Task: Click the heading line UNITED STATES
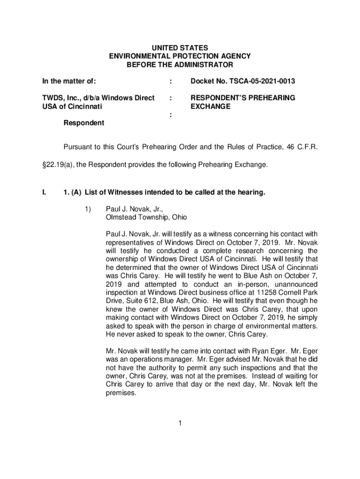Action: pos(180,48)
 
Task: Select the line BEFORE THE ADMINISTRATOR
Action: pos(180,65)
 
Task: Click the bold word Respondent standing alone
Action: pos(84,123)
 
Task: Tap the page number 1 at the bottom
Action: pos(180,424)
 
